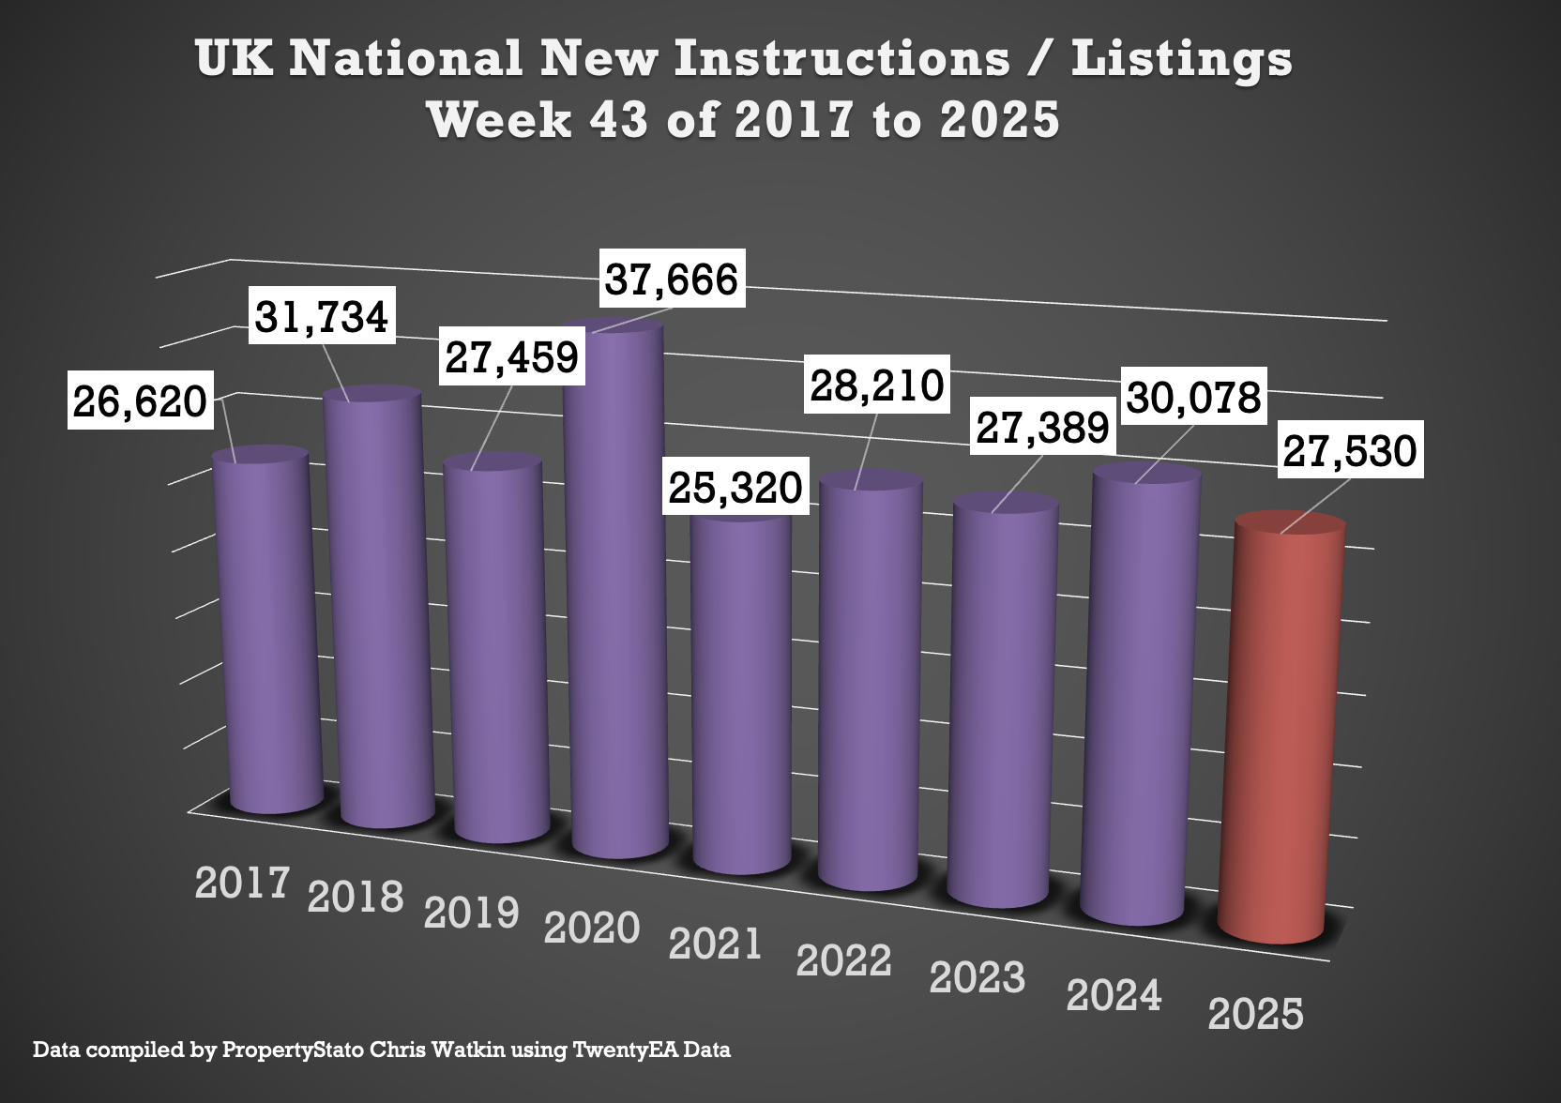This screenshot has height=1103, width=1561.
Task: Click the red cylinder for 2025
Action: click(x=1281, y=732)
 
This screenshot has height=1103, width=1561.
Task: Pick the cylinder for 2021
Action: click(x=741, y=694)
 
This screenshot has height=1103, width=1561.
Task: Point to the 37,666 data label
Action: click(x=672, y=279)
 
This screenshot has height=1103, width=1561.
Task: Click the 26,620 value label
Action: click(x=140, y=400)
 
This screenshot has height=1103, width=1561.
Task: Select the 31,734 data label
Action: click(x=322, y=316)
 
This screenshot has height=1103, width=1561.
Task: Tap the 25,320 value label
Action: click(x=735, y=487)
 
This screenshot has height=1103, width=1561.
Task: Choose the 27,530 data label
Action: click(x=1350, y=450)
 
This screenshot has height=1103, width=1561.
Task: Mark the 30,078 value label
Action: click(x=1193, y=397)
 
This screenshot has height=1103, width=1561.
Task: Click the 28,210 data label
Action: click(x=877, y=385)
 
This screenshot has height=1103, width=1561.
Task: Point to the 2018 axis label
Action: click(x=356, y=898)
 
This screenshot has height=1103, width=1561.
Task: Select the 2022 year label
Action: click(x=843, y=960)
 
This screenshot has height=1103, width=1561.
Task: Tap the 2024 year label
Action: click(x=1114, y=995)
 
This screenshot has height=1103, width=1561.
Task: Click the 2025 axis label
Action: click(x=1255, y=1014)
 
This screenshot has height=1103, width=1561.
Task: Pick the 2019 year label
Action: click(x=471, y=913)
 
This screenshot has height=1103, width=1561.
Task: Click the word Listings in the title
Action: click(x=1181, y=58)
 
